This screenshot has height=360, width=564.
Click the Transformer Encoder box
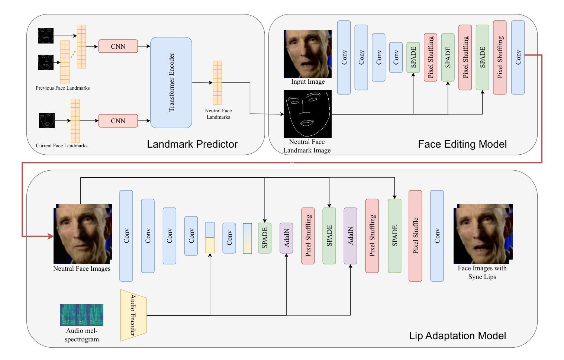click(171, 83)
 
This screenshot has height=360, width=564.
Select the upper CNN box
click(118, 46)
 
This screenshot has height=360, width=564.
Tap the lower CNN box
click(118, 120)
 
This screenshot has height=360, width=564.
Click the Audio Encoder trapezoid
click(133, 315)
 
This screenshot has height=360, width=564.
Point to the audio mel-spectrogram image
click(81, 315)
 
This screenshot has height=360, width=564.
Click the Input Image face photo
click(307, 54)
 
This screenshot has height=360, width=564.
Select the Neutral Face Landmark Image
click(307, 114)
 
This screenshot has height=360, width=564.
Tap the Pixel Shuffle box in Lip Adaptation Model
click(415, 235)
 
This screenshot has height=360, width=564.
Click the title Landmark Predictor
click(192, 144)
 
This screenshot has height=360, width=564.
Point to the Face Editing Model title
click(462, 144)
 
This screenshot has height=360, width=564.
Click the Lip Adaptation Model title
click(458, 335)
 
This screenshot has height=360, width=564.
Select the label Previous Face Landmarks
click(63, 88)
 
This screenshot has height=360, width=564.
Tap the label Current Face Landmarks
click(62, 146)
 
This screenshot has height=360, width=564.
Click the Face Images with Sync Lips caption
click(482, 272)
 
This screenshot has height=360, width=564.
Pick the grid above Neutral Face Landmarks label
click(217, 83)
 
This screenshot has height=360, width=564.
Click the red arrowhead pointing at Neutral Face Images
click(51, 236)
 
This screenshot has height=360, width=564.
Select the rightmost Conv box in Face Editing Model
click(518, 57)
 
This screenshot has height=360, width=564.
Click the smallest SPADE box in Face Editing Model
click(413, 57)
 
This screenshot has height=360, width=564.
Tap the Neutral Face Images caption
click(82, 269)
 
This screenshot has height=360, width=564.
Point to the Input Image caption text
click(308, 81)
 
